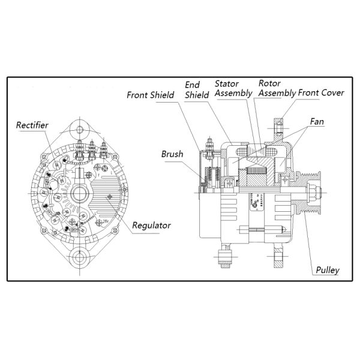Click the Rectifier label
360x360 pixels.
pos(32,125)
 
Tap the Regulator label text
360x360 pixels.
pos(151,226)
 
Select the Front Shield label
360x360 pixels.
pos(150,95)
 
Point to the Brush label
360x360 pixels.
pos(172,154)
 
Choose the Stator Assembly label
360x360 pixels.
pos(231,88)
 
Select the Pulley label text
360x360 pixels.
pos(327,271)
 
